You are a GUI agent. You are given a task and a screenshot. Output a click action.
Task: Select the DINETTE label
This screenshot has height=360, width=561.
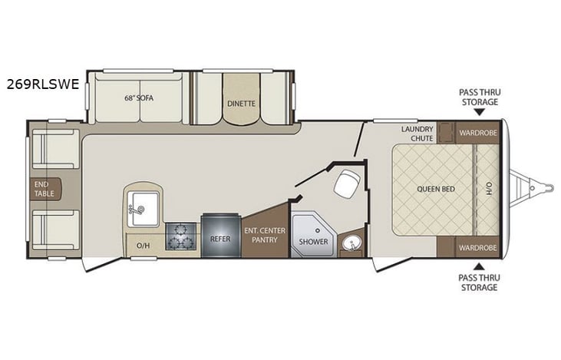point(241,103)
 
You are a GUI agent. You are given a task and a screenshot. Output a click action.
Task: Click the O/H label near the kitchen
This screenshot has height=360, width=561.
point(143,246)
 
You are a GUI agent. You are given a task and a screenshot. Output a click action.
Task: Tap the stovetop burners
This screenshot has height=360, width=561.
point(181,235)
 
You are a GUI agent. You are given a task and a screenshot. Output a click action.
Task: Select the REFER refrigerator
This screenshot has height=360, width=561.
point(220,239)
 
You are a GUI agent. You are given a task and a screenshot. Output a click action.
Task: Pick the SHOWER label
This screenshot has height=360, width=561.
point(314,242)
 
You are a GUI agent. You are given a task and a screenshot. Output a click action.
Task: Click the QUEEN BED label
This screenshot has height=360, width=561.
point(434,188)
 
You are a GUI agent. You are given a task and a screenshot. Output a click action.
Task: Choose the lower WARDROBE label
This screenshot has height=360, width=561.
point(477,247)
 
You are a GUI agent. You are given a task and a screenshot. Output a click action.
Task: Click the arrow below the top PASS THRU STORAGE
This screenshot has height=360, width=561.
point(478,114)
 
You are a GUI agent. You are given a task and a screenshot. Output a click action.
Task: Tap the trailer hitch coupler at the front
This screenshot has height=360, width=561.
point(546,184)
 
